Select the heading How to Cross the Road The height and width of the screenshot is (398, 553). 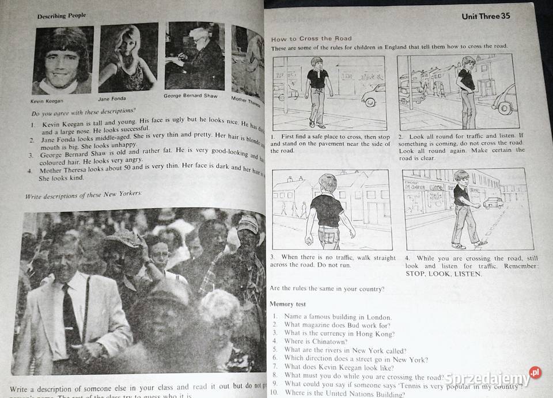coord(311,39)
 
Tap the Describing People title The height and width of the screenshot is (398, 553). coord(62,16)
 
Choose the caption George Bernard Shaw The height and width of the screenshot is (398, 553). coord(191,96)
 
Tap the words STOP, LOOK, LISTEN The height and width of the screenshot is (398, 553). coord(443,274)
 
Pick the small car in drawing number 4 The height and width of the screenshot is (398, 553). coord(493,203)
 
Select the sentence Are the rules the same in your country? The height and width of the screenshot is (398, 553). coord(327,289)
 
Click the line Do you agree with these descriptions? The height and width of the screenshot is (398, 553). coord(84,113)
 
